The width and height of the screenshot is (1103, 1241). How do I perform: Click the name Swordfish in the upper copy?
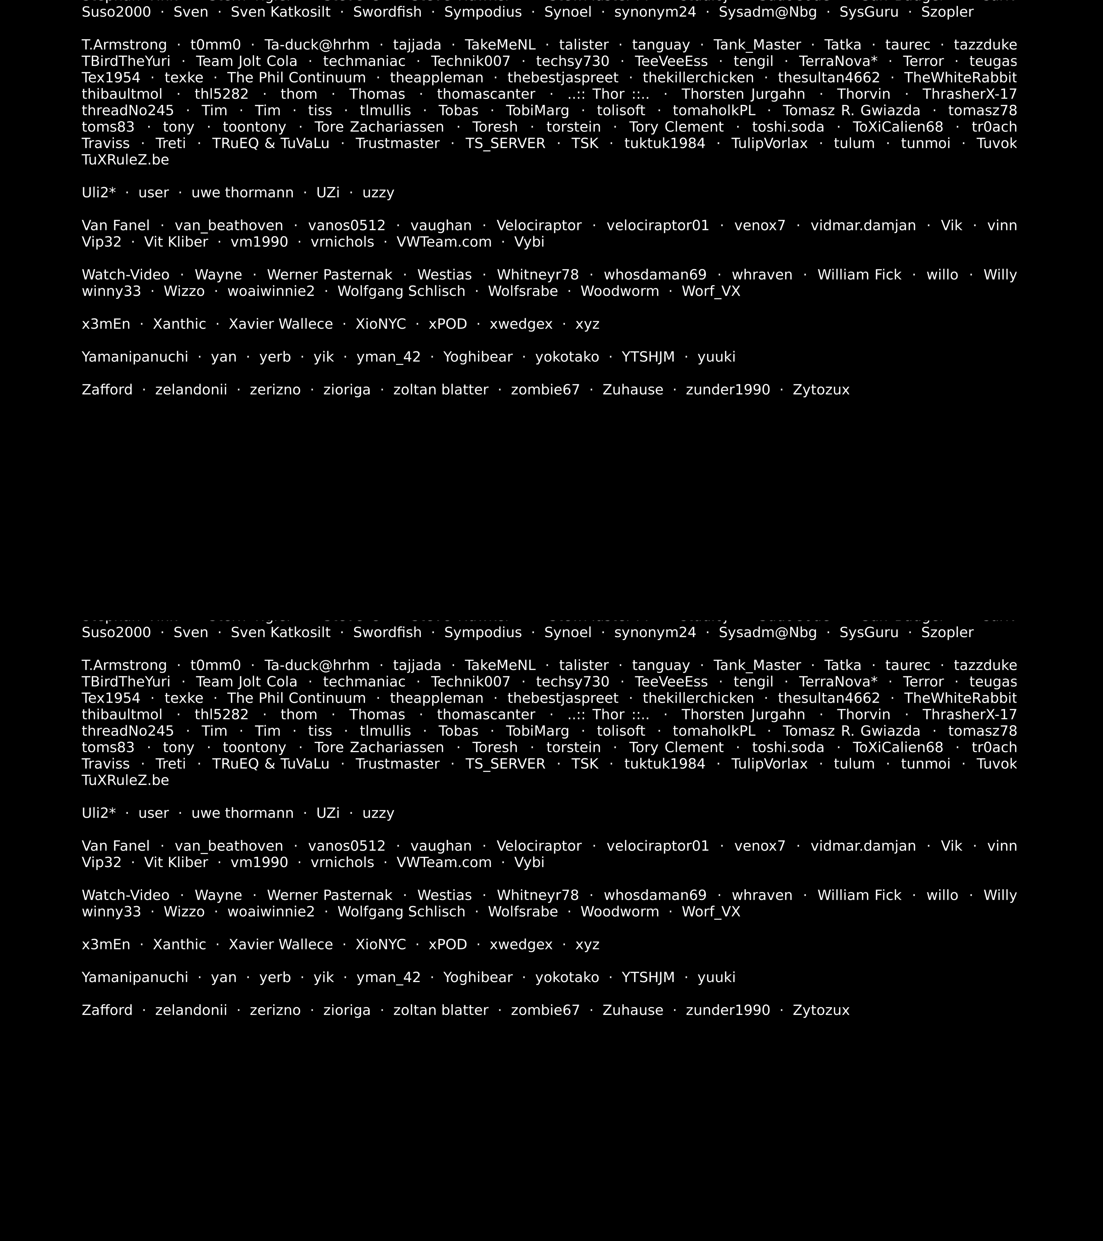[x=387, y=12]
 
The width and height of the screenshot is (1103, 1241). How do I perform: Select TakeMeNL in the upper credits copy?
[x=500, y=45]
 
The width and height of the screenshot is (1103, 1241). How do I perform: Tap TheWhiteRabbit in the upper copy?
[x=960, y=78]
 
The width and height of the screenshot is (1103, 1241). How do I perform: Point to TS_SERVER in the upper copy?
[x=505, y=143]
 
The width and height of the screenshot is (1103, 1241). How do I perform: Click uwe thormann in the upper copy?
[x=242, y=192]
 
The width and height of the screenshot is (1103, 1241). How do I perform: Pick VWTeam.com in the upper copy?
[x=444, y=242]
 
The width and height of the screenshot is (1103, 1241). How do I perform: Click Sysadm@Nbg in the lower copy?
[x=767, y=633]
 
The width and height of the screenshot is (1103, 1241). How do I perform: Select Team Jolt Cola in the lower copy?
[x=247, y=682]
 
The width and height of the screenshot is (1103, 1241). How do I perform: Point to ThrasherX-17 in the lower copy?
[x=970, y=715]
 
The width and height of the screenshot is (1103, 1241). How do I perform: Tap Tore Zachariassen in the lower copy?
[x=379, y=747]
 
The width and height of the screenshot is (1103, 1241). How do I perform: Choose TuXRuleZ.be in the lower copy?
[x=125, y=780]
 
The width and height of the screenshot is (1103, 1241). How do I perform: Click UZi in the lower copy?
[x=328, y=813]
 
